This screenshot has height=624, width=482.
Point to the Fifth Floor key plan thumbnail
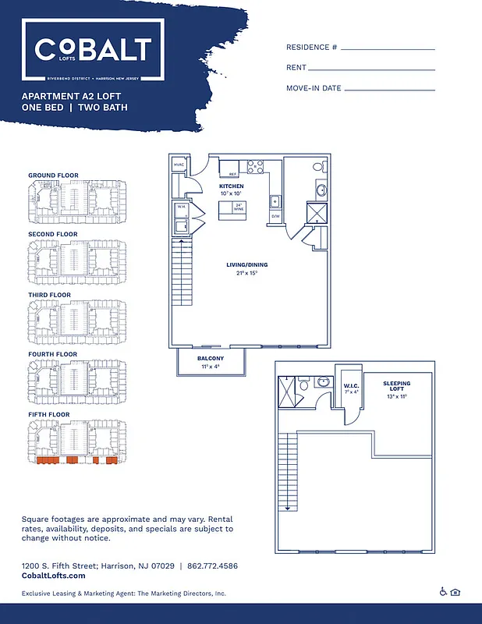(76, 443)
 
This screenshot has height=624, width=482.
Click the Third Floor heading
(49, 295)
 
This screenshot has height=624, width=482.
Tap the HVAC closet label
(179, 165)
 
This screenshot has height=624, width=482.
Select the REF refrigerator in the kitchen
(231, 173)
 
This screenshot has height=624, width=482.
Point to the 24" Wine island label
(238, 207)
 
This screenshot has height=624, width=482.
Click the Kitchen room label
(231, 187)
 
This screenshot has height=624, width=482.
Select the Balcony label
(211, 358)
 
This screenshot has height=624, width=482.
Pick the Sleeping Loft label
(396, 388)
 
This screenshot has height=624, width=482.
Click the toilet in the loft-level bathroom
(324, 382)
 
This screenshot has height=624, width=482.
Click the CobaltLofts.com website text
(53, 576)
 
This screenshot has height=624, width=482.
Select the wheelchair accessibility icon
(443, 593)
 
